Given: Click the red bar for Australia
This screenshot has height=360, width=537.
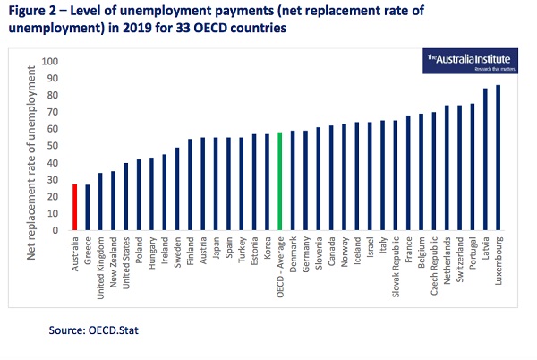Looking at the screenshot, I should (75, 207).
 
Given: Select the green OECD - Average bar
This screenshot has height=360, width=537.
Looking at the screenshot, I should (280, 181).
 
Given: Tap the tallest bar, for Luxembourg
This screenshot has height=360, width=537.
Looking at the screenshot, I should (498, 158).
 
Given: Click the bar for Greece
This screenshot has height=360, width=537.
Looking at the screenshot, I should (88, 207).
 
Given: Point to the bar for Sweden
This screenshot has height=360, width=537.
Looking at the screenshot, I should (177, 188).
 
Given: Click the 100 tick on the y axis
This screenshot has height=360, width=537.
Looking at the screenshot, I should (50, 62).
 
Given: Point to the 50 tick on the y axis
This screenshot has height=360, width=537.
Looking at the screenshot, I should (53, 146).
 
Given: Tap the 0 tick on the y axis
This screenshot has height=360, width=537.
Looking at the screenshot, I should (55, 230).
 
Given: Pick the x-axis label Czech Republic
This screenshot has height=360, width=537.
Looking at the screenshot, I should (434, 265).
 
